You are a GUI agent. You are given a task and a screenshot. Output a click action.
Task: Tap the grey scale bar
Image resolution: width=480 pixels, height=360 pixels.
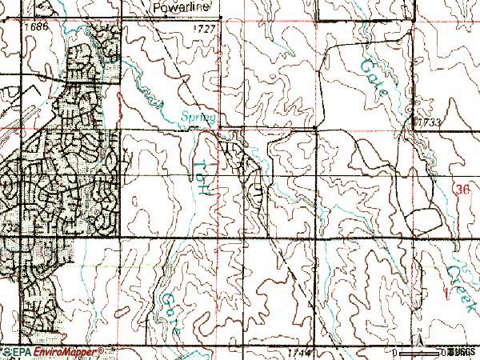[420, 351]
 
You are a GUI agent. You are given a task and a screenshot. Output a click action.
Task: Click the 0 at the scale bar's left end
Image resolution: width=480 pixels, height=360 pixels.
[395, 352]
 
